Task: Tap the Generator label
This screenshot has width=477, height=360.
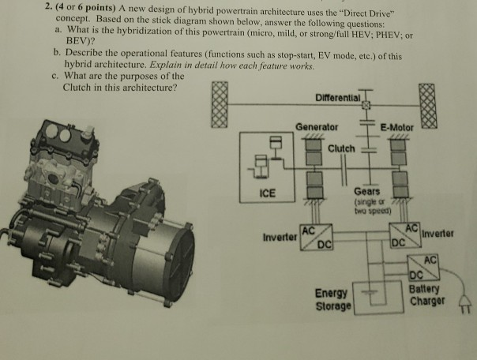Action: pos(317,126)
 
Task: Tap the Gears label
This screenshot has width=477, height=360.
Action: pos(367,191)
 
